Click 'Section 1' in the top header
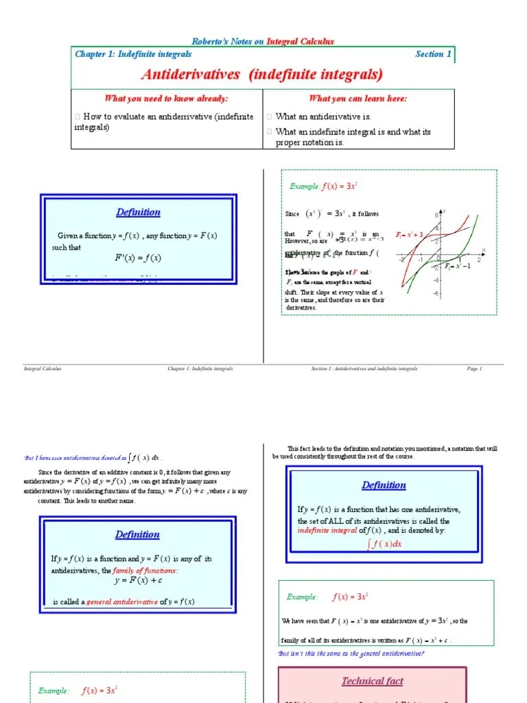(433, 54)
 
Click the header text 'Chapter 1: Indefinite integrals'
(133, 54)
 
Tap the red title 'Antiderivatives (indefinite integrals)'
(262, 74)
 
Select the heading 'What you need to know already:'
(166, 98)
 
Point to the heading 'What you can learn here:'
(358, 98)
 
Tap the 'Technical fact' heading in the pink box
(373, 681)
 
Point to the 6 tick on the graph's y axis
(436, 215)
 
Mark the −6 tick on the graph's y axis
(435, 294)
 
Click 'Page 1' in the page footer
(475, 369)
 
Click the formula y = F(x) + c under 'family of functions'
(138, 581)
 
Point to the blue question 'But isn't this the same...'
(351, 654)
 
